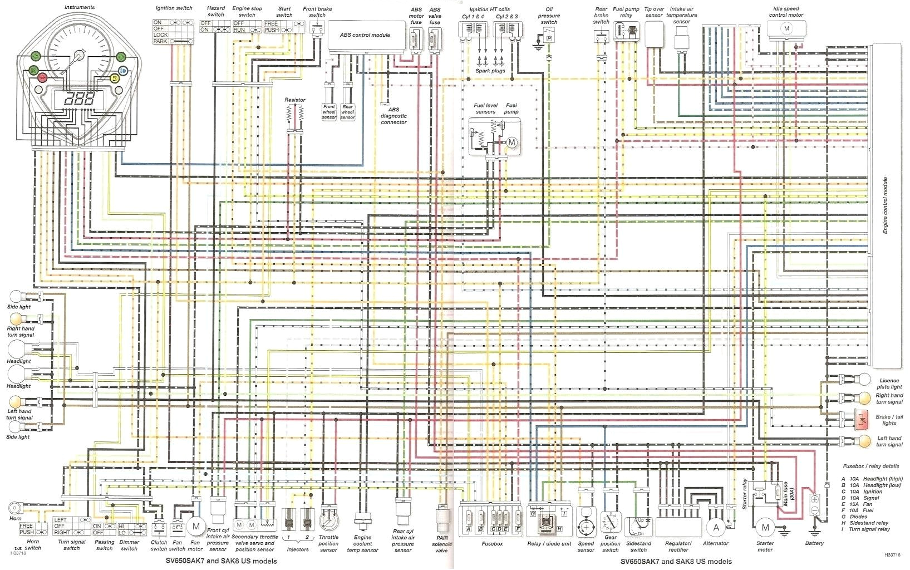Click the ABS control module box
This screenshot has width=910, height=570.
tap(365, 36)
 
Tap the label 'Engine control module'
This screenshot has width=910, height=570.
tap(885, 205)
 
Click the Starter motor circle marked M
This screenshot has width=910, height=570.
tap(765, 528)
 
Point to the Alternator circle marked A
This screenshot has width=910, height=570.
tap(716, 527)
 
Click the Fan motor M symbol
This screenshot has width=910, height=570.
tap(195, 526)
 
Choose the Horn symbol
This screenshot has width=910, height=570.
tap(15, 508)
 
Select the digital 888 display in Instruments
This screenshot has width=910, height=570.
tap(78, 100)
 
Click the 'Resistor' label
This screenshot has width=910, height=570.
tap(294, 100)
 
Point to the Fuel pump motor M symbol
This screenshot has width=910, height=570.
tap(511, 142)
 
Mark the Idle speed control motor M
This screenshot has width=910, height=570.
tap(786, 28)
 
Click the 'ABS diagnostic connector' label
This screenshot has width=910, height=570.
tap(393, 116)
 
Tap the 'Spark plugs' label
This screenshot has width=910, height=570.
tap(490, 71)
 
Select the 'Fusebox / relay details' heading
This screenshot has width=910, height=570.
tap(870, 466)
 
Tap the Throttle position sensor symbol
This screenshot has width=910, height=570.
tap(328, 520)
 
